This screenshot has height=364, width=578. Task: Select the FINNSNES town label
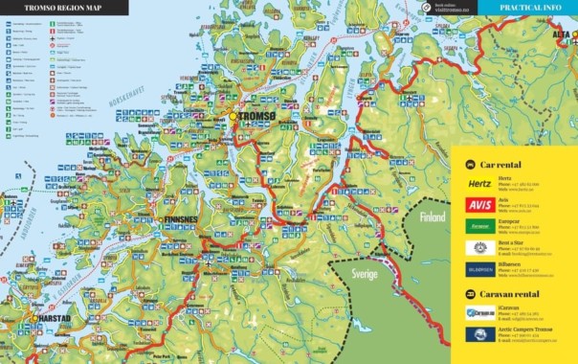(x=181, y=218)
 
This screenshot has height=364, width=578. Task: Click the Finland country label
(x=432, y=216)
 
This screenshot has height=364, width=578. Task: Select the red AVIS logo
(x=479, y=204)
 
